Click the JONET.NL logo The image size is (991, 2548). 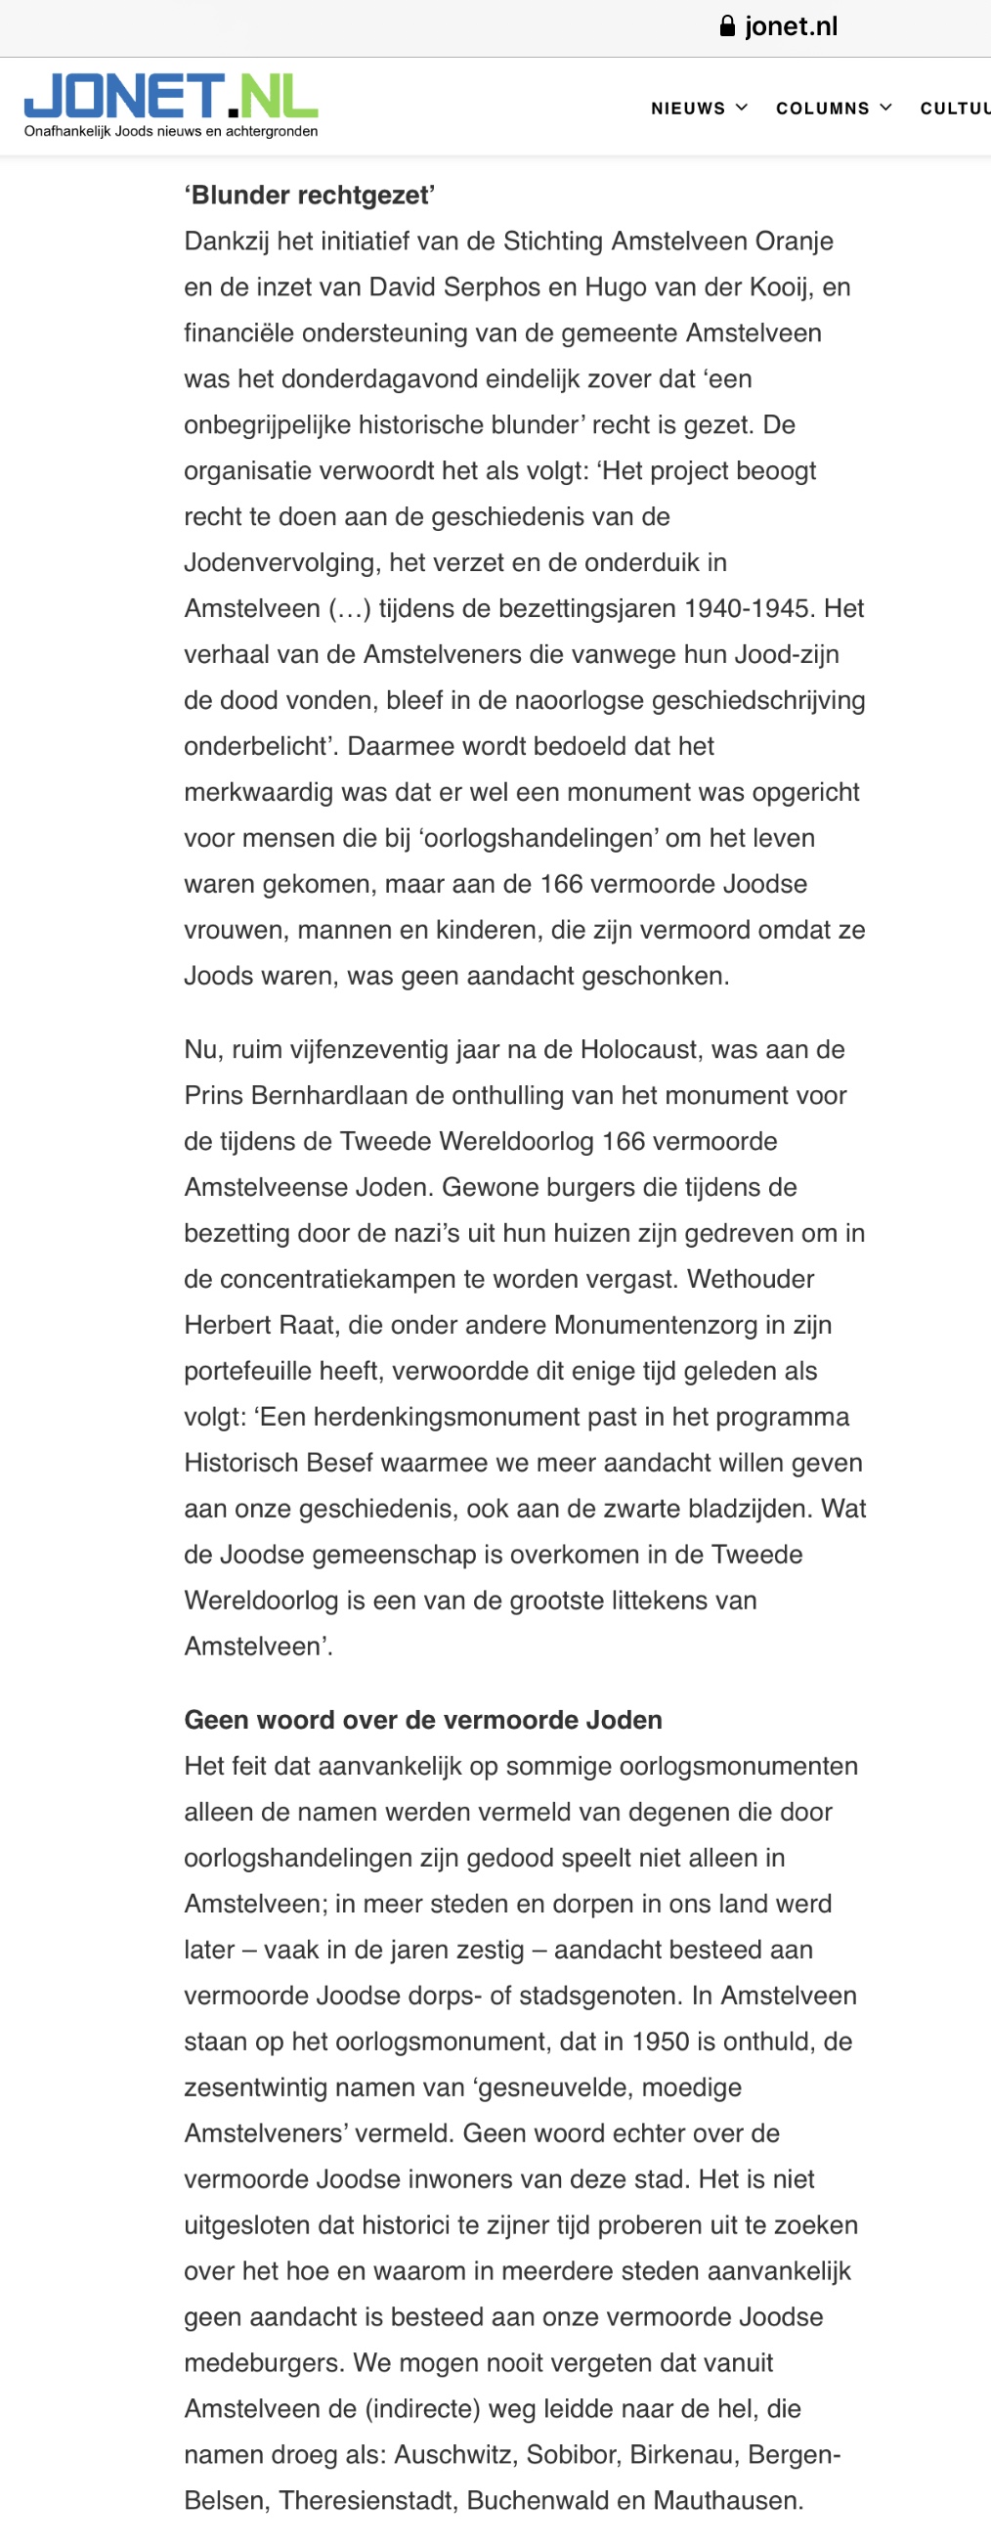[x=170, y=96]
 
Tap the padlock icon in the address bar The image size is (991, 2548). [x=728, y=26]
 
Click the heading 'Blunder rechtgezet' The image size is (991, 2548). [x=310, y=195]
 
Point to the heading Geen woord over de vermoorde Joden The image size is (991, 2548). [x=423, y=1719]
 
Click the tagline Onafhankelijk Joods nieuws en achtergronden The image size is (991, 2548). [x=171, y=132]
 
